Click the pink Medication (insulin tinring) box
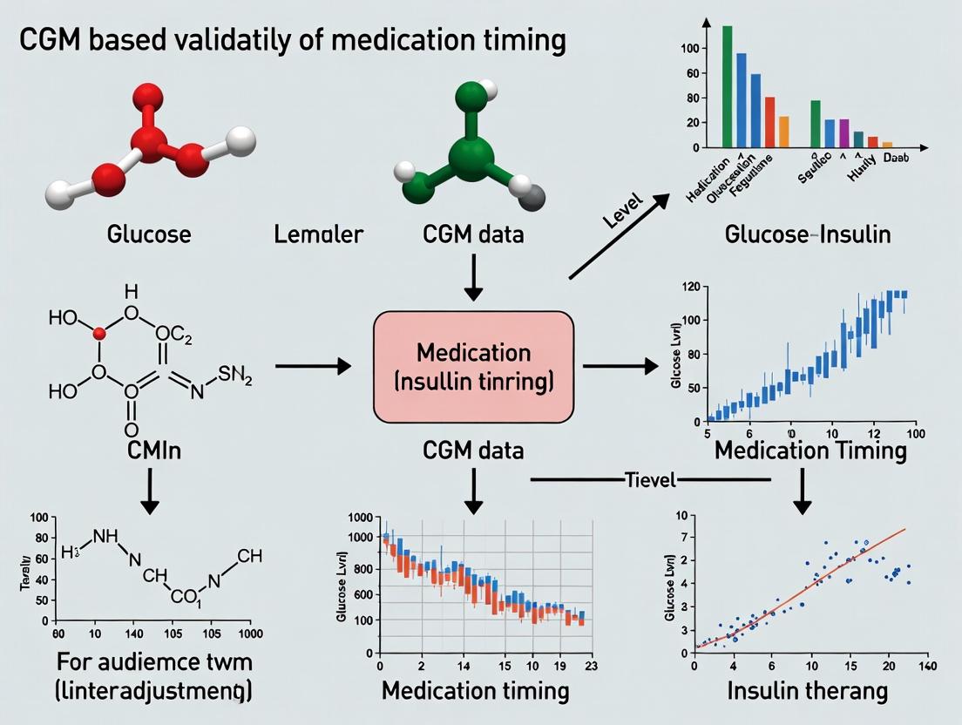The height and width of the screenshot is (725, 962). [x=473, y=367]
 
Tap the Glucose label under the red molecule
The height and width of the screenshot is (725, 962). [x=149, y=234]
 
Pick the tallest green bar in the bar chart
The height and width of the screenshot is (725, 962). [x=728, y=87]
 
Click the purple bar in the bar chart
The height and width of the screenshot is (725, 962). [x=843, y=133]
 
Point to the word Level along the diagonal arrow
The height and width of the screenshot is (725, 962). [x=622, y=212]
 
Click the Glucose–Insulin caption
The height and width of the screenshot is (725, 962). [x=807, y=234]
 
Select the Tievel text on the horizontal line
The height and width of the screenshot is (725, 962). [x=650, y=480]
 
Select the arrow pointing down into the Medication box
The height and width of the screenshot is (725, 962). [x=473, y=274]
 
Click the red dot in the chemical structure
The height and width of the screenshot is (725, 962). [x=99, y=333]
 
